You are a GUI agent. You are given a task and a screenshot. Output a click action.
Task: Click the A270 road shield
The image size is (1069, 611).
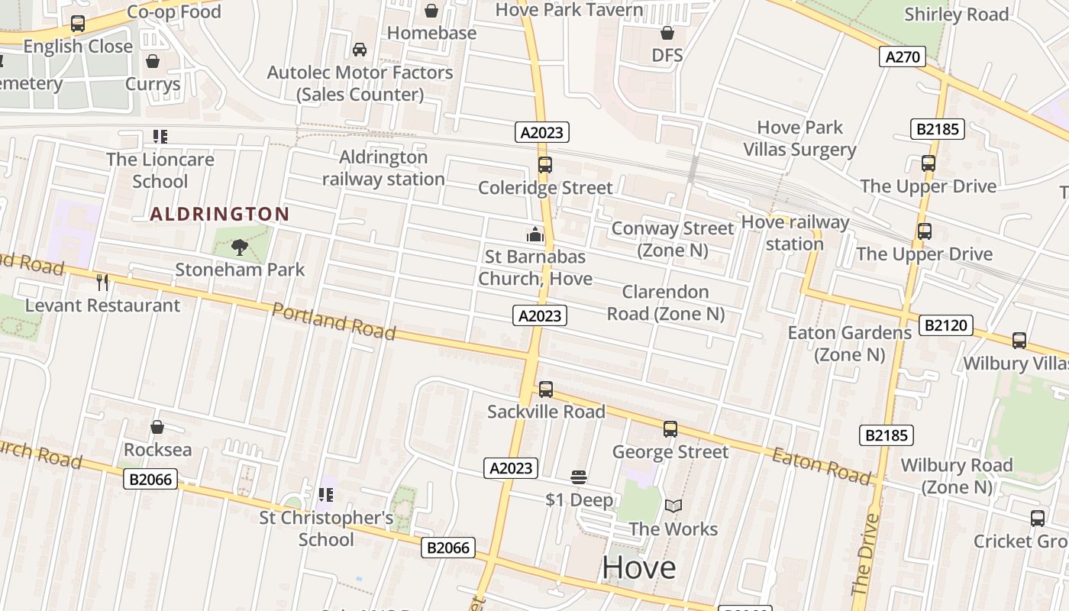(x=903, y=57)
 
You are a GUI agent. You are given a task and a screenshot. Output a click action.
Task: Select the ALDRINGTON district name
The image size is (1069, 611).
(x=220, y=215)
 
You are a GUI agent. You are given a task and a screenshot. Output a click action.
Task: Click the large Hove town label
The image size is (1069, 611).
(x=638, y=567)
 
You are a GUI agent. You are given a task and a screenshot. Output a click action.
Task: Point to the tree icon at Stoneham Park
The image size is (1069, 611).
(x=240, y=247)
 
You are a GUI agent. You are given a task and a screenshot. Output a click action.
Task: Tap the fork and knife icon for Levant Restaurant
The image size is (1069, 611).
(x=102, y=283)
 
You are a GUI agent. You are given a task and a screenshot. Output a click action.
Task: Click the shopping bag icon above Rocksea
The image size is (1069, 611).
(x=157, y=427)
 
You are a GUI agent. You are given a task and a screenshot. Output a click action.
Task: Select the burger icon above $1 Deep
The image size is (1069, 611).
(x=579, y=477)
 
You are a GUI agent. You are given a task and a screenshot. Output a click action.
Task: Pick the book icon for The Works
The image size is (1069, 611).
(x=673, y=506)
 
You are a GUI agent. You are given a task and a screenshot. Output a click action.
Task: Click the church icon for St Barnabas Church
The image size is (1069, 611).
(x=535, y=234)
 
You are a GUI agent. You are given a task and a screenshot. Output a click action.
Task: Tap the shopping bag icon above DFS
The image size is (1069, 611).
(x=667, y=33)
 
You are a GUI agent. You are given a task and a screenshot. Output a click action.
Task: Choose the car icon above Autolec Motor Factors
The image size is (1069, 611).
(x=359, y=50)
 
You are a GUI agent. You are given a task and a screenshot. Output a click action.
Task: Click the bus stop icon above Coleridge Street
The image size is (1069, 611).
(x=544, y=165)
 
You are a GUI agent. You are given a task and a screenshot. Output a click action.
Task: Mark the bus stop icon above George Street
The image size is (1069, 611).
(x=670, y=429)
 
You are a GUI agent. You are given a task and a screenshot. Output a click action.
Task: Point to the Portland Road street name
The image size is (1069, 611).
(x=334, y=321)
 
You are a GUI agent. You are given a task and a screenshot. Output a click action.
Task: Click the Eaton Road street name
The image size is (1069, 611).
(x=821, y=465)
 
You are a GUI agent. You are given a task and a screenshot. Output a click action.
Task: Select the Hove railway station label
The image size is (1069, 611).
(x=795, y=233)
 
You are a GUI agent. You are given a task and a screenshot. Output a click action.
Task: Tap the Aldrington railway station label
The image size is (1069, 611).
(x=383, y=168)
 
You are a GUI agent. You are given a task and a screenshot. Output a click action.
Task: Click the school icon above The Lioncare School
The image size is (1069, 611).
(x=160, y=137)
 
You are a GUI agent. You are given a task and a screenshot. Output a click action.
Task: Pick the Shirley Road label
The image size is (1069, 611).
(x=956, y=15)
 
